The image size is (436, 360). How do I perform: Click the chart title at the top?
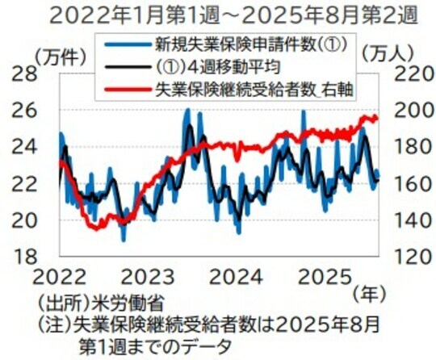(x=217, y=15)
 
